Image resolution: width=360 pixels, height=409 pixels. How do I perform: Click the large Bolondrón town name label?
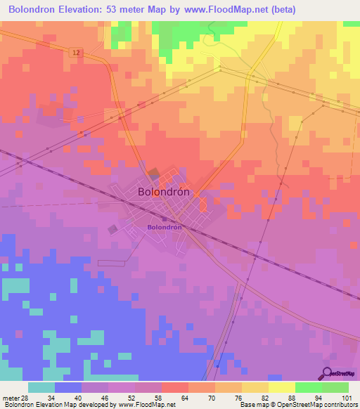[x=167, y=191]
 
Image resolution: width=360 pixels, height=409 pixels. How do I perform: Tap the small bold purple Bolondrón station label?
[x=165, y=228]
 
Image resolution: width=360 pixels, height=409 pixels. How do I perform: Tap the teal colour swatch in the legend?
[x=41, y=387]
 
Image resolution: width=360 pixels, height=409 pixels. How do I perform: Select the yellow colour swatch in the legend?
[x=282, y=387]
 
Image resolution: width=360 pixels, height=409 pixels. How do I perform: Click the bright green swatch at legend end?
[x=335, y=387]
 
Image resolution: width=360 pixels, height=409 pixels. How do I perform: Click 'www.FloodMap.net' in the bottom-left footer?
[x=146, y=405]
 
